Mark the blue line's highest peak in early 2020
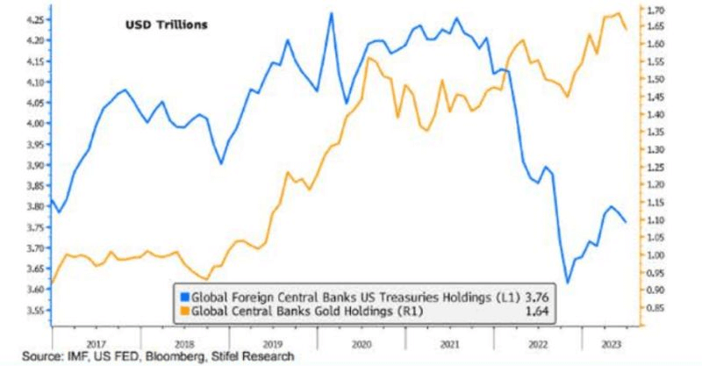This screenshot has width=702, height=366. coord(331,13)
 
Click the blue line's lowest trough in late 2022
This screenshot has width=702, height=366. coord(568,283)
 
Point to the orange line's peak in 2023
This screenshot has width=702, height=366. coord(619,13)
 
